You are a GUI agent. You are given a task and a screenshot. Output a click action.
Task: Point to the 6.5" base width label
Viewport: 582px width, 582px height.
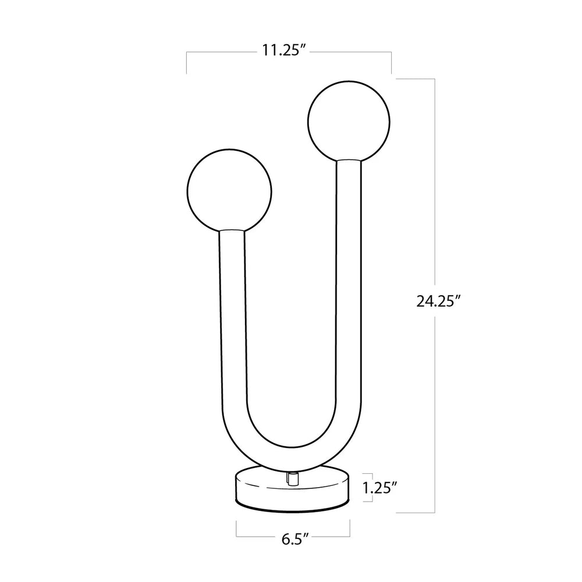pos(295,538)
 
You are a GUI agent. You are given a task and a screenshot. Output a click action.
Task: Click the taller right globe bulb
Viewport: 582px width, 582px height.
pos(349,122)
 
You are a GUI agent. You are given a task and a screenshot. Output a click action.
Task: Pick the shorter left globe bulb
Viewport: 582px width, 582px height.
pos(229,191)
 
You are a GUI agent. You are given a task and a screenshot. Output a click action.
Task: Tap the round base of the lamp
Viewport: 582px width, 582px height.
pos(293,489)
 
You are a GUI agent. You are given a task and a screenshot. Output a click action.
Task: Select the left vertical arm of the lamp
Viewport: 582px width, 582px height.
pos(233,315)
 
